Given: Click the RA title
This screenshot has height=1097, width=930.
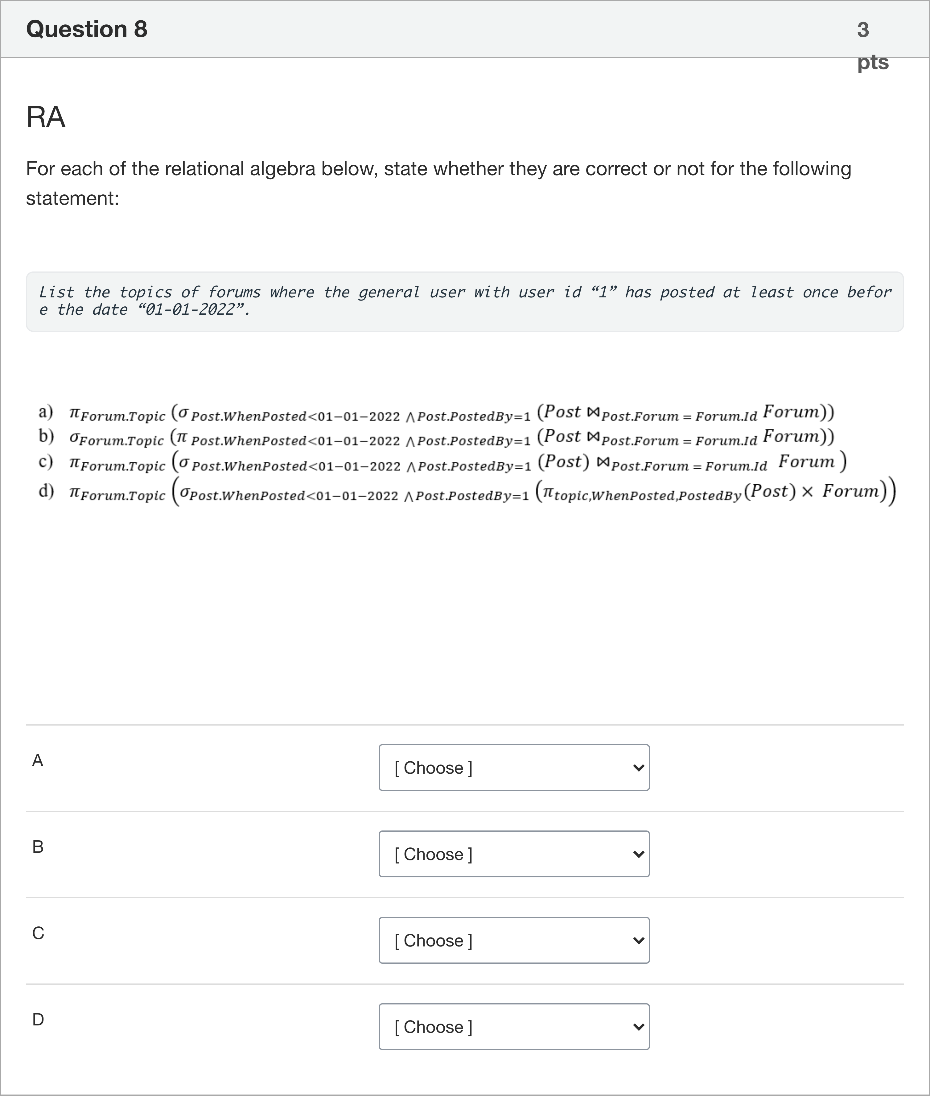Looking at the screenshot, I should [46, 117].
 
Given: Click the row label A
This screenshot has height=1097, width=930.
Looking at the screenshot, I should [37, 760].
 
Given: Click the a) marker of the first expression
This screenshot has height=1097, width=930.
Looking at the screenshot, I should [46, 412].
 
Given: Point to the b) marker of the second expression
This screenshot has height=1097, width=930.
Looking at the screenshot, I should [46, 436].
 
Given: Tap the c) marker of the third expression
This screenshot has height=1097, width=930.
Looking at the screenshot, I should [46, 462].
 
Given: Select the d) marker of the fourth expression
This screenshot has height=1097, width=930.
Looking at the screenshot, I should [46, 491].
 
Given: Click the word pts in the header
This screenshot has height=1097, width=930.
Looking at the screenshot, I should [873, 62].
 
